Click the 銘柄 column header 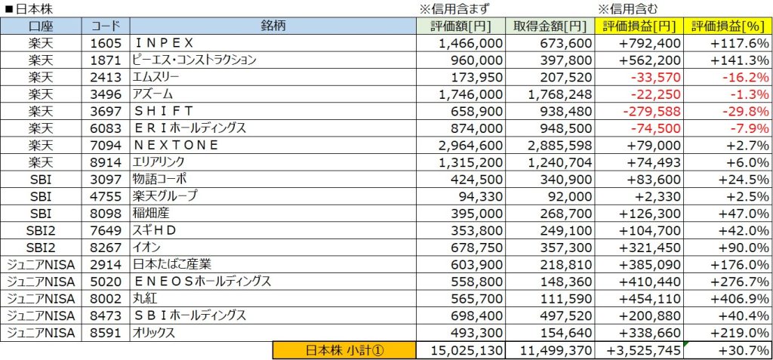tap(273, 26)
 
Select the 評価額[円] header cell tap(461, 26)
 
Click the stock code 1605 tap(104, 43)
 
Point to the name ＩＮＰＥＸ tap(162, 43)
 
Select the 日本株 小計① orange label tap(344, 350)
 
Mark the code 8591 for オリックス tap(104, 333)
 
